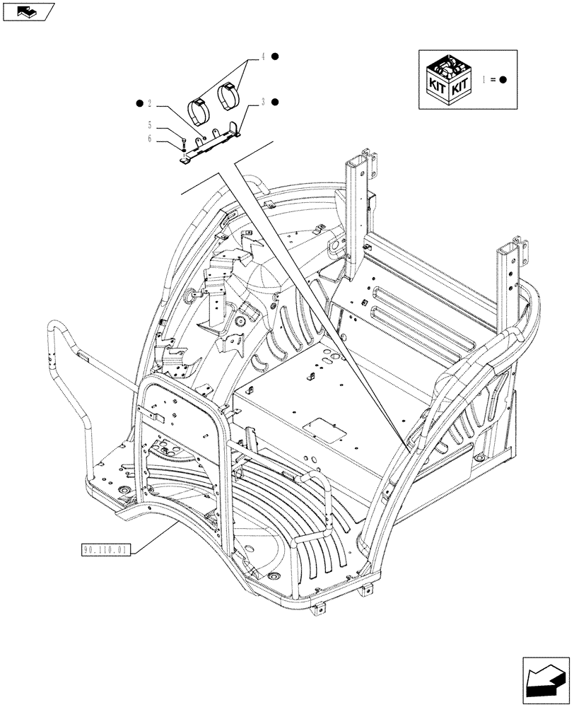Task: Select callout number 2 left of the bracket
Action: tap(149, 104)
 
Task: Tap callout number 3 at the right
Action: tap(262, 102)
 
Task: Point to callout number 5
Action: tap(149, 125)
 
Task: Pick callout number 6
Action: tap(149, 139)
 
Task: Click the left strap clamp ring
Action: tap(200, 110)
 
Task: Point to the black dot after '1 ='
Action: tap(503, 80)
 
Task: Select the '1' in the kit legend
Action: tap(483, 80)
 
